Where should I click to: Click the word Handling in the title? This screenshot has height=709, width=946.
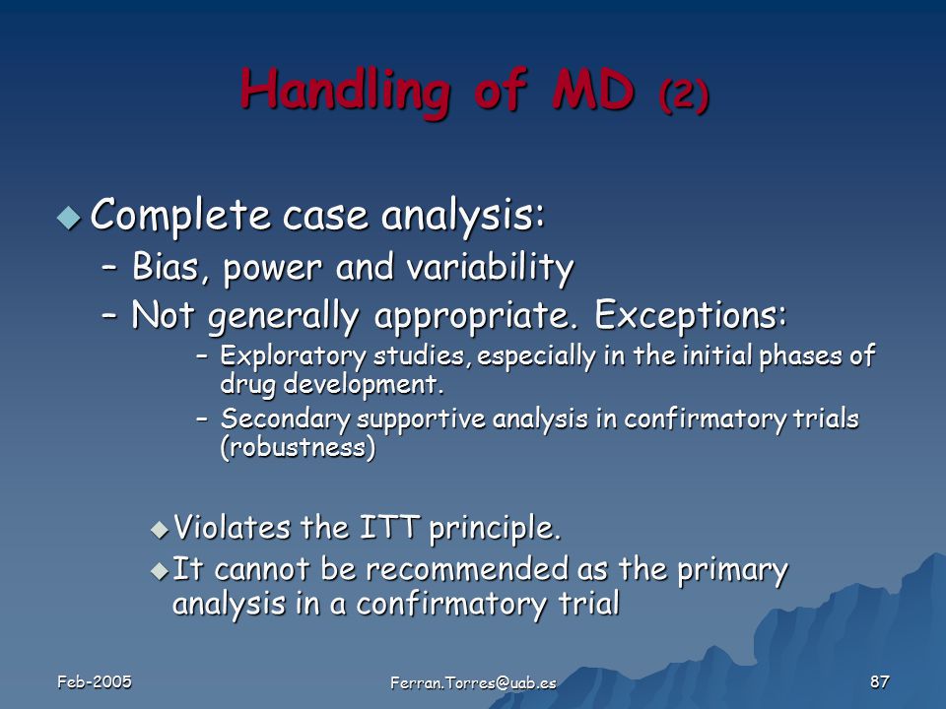(345, 92)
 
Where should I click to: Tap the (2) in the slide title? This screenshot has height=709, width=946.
(684, 95)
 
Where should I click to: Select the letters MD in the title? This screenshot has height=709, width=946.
(592, 91)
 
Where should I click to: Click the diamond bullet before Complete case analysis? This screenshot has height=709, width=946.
(68, 218)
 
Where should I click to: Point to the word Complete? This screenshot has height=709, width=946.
(179, 216)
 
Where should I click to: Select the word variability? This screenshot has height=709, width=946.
(490, 268)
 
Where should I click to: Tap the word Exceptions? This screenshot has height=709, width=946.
(691, 315)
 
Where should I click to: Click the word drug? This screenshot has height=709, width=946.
(247, 385)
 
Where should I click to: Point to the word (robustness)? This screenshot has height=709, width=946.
(298, 448)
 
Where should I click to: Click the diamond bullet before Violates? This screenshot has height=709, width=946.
(160, 530)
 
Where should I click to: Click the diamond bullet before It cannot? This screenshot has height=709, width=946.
(160, 570)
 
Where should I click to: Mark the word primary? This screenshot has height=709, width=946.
(732, 571)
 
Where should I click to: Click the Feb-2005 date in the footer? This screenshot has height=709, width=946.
(95, 681)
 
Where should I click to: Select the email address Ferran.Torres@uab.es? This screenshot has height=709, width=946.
(473, 683)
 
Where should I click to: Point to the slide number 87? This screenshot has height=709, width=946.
(880, 681)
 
